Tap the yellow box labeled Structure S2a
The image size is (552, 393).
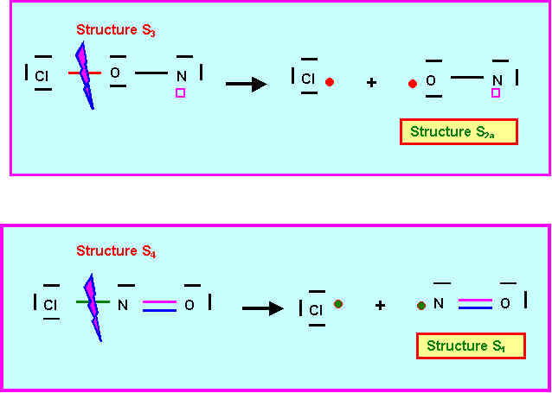459,132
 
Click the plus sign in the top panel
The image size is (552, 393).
371,84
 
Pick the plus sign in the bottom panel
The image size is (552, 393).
380,306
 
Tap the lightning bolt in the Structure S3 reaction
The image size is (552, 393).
84,77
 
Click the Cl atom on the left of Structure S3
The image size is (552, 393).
42,76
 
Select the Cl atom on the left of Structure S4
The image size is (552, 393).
50,305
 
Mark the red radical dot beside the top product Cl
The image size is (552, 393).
330,82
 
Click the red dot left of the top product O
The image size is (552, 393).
412,84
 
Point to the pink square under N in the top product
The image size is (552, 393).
496,93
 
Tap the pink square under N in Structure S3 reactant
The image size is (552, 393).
180,92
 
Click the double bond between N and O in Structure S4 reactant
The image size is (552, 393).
160,304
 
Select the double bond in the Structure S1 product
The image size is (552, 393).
475,303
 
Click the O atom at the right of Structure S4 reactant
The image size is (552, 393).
189,305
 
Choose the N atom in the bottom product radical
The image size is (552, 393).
439,304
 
